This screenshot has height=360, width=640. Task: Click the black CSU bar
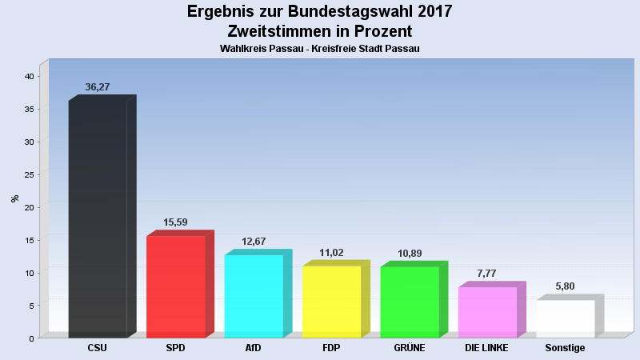point(98,218)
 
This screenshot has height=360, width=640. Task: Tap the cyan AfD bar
point(254,296)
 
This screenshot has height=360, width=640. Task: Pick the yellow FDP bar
point(331,302)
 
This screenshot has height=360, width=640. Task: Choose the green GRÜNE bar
point(410,302)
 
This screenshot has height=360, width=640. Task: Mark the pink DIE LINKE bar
point(487,312)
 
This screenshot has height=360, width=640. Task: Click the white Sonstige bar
point(565,318)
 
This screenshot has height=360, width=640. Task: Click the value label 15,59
point(175,222)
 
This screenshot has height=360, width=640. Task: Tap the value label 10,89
point(410,254)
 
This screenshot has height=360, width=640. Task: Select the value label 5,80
point(565,286)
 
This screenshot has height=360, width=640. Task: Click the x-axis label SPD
point(175,348)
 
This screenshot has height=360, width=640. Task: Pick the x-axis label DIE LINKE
point(487,348)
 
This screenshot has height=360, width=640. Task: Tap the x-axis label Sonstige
point(565,348)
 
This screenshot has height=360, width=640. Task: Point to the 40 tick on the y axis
point(28,77)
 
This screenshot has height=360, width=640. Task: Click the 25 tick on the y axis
point(28,174)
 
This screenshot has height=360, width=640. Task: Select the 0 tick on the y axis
point(31,338)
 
